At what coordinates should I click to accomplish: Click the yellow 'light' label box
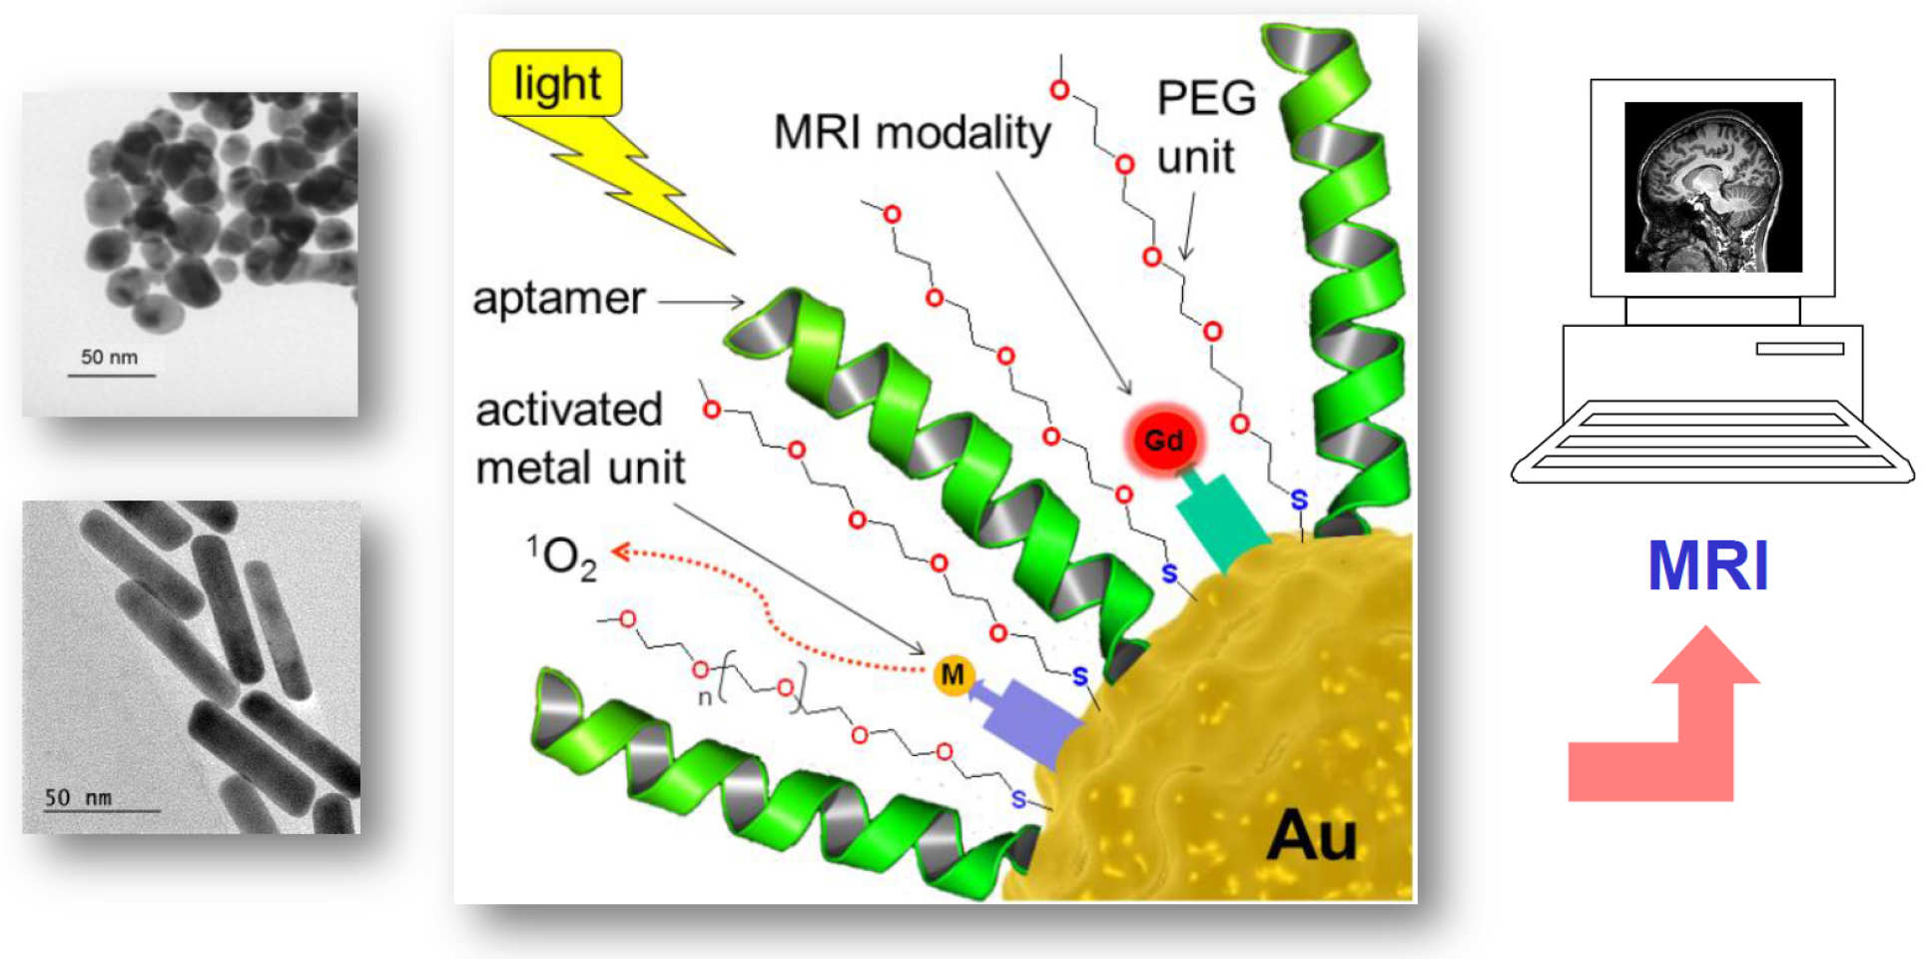click(555, 83)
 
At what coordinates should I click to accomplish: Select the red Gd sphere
click(1163, 440)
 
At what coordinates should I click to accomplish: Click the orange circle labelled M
click(953, 675)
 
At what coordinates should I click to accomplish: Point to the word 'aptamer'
click(558, 298)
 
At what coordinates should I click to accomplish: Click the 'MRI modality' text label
click(912, 133)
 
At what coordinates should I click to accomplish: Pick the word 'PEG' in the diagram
click(1205, 98)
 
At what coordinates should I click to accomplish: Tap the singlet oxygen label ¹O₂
click(561, 556)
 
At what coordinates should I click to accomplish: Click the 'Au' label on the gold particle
click(1311, 835)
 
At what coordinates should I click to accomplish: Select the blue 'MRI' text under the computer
click(1707, 565)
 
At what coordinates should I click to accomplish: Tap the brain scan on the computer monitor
click(1712, 187)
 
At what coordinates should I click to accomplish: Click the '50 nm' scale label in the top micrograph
click(109, 357)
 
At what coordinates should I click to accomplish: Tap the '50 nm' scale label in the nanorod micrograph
click(78, 797)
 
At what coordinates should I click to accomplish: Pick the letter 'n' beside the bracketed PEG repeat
click(705, 696)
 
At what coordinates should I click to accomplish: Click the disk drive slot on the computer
click(1799, 349)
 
